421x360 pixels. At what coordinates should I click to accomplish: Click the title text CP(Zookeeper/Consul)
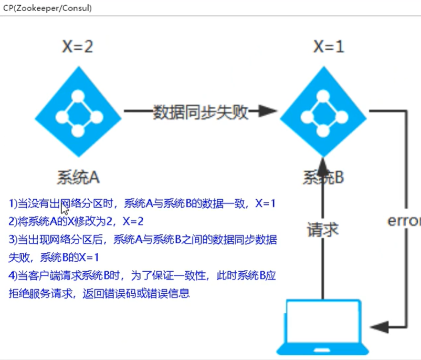click(x=47, y=8)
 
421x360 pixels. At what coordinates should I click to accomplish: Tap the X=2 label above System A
click(x=78, y=47)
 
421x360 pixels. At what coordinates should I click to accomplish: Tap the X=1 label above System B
click(x=329, y=47)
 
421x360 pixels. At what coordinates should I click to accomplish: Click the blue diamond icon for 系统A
click(x=78, y=111)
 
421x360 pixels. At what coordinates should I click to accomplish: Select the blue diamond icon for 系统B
click(x=323, y=111)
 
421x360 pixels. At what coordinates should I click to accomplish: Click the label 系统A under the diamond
click(x=78, y=177)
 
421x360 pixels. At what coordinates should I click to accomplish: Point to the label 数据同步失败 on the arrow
click(x=201, y=112)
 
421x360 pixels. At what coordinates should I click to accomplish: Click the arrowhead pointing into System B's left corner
click(x=267, y=111)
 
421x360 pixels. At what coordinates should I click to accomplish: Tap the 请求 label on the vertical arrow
click(x=322, y=230)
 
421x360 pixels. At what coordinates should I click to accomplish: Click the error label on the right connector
click(x=404, y=221)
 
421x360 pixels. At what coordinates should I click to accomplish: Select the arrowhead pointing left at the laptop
click(x=380, y=327)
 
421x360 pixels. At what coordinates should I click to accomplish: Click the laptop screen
click(x=323, y=322)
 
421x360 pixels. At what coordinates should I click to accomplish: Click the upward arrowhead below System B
click(x=323, y=167)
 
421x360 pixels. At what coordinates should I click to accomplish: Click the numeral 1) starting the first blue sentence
click(x=13, y=203)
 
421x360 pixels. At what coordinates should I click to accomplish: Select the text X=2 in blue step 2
click(x=133, y=221)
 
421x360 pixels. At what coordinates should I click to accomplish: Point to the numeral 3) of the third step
click(x=13, y=239)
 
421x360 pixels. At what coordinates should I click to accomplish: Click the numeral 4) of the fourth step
click(x=13, y=275)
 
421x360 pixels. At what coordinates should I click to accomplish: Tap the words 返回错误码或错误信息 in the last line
click(x=136, y=293)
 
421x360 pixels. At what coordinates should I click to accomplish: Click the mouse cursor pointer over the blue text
click(x=65, y=208)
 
